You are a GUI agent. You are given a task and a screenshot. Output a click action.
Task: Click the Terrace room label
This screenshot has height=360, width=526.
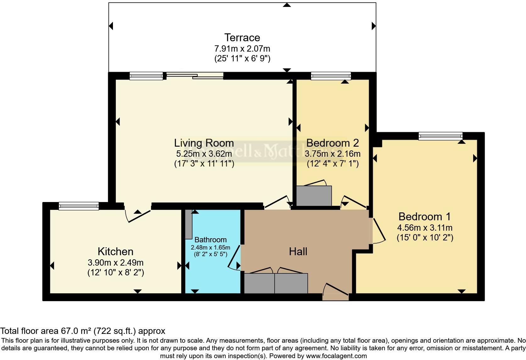(x=242, y=37)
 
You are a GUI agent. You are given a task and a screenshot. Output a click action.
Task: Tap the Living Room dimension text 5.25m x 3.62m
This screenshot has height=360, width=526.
(x=204, y=154)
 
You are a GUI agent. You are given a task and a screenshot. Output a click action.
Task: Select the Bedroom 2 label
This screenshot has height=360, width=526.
(x=332, y=143)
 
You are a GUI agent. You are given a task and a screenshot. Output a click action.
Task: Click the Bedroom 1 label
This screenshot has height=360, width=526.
(x=424, y=217)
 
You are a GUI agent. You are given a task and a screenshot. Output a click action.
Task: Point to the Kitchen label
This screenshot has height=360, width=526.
(x=115, y=251)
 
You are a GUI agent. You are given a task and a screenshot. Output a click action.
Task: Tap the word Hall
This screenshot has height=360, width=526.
(x=298, y=251)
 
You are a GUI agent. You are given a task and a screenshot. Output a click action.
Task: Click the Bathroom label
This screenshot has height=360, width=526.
(x=210, y=240)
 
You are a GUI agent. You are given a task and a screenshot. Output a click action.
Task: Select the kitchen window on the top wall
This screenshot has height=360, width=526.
(x=79, y=206)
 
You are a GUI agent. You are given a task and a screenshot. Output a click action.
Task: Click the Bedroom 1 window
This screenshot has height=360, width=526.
(x=440, y=136)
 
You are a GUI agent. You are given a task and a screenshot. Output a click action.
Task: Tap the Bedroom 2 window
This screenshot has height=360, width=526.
(x=331, y=76)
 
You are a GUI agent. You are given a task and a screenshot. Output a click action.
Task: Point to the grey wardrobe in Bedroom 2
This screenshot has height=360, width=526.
(x=314, y=196)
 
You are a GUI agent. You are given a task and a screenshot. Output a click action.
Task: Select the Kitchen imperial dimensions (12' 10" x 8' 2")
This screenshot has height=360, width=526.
(x=115, y=272)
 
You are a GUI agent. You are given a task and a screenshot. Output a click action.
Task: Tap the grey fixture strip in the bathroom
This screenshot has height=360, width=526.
(x=188, y=224)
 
